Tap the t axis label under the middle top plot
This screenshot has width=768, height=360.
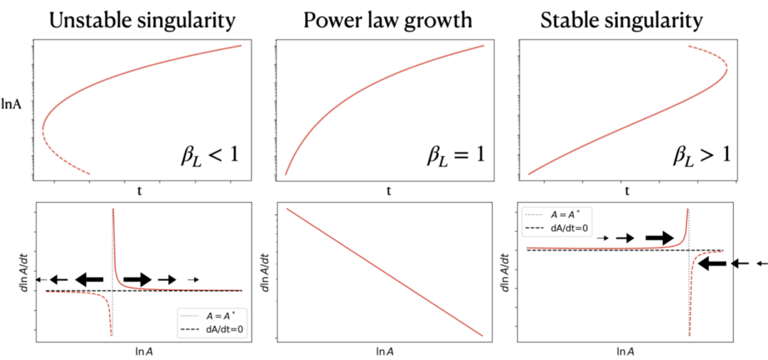[x=388, y=191]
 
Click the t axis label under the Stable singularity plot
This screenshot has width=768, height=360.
[x=627, y=191]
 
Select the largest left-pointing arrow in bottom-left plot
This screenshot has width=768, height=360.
[x=90, y=280]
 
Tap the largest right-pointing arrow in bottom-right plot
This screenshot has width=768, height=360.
[x=658, y=238]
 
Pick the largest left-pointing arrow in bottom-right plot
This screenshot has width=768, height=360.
[x=713, y=263]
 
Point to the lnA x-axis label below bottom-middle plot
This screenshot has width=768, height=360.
[x=388, y=351]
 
